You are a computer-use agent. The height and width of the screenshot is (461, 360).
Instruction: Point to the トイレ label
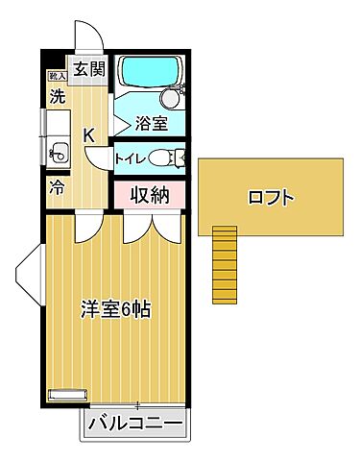[x=130, y=158]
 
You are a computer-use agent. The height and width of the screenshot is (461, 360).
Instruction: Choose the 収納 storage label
[x=151, y=194]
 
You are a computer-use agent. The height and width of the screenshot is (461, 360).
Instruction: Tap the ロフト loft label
[x=270, y=199]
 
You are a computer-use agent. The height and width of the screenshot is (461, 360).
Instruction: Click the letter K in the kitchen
[x=88, y=134]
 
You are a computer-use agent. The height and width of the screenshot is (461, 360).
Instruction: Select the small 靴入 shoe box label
[x=56, y=75]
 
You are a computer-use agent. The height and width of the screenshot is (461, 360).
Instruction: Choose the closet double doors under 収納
[x=150, y=227]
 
